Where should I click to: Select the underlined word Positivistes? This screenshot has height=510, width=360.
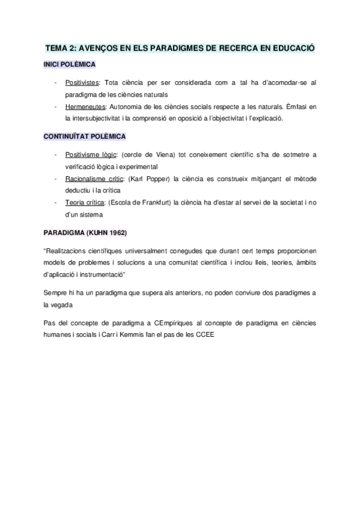82,82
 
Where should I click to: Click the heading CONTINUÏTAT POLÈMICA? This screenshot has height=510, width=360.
84,137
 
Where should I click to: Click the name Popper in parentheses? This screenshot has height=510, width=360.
159,179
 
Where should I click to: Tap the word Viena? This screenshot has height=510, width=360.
151,155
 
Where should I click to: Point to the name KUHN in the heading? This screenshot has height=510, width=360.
89,232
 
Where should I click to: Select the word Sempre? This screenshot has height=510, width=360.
55,292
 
